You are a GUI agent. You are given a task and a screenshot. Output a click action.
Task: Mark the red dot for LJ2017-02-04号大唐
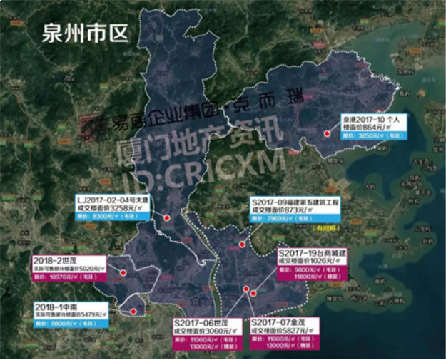(x=166, y=217)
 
